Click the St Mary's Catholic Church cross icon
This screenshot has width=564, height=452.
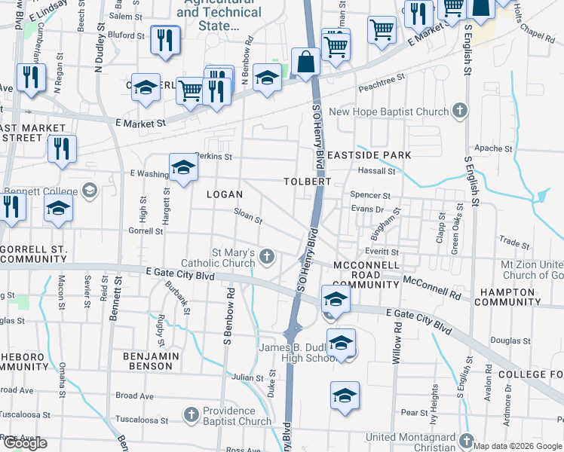point(266,258)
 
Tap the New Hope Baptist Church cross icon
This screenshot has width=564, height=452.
point(459,112)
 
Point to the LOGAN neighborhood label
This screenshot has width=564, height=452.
point(225,194)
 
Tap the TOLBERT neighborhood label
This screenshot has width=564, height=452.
point(308,182)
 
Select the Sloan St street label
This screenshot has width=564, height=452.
point(247,217)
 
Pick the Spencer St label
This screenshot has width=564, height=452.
point(370,194)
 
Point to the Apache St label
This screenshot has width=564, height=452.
point(493,148)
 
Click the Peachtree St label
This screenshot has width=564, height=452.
point(382,77)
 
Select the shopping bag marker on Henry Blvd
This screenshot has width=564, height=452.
point(306,63)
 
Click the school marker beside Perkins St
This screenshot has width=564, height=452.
point(183,170)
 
